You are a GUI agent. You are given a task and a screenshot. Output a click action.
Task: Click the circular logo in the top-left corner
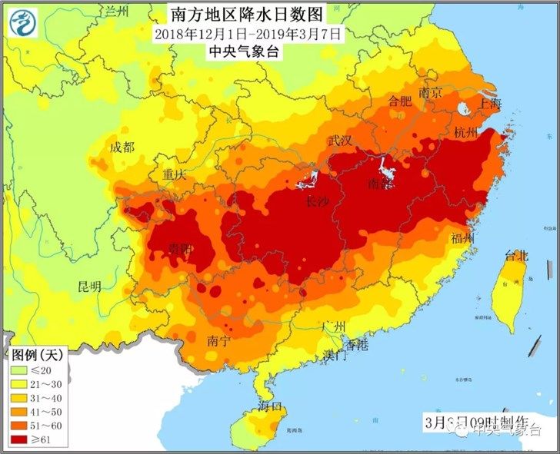click(x=25, y=23)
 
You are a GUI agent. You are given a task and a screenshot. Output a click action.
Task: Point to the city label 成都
click(x=122, y=147)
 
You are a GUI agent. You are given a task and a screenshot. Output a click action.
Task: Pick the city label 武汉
click(x=340, y=141)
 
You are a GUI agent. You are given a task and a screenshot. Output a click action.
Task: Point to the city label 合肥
click(x=400, y=101)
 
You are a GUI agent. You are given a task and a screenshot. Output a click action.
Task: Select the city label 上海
click(x=489, y=104)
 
